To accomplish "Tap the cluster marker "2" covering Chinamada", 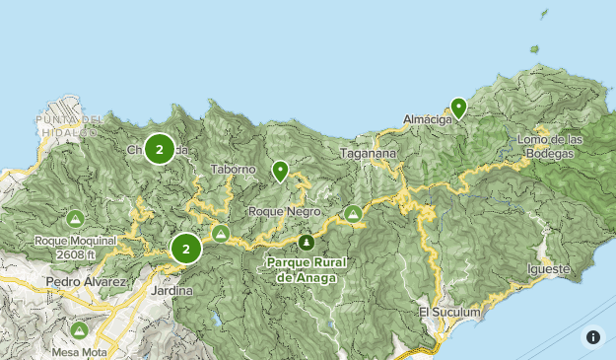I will (160, 149).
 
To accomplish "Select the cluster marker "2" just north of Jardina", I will (185, 249).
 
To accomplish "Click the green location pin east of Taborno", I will (281, 172).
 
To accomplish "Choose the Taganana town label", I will (367, 154).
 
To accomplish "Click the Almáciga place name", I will (428, 120).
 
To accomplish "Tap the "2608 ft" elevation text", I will (75, 252).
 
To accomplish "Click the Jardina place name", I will (172, 292).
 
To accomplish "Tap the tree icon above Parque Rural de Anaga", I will (307, 242).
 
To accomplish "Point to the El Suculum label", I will (449, 313).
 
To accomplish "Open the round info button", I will (593, 337).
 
